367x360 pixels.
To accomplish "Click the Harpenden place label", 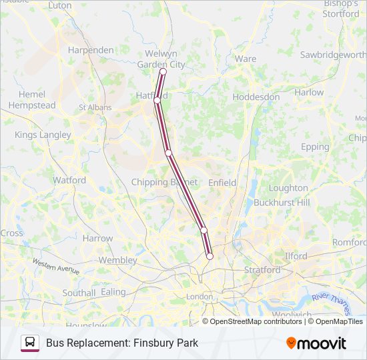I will [x=92, y=50].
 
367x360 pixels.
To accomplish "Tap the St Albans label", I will [x=95, y=107].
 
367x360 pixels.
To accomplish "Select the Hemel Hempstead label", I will [x=31, y=100].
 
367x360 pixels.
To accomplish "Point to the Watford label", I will [x=69, y=180].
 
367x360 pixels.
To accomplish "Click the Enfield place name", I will [x=222, y=182].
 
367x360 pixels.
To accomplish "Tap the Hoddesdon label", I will [x=256, y=97].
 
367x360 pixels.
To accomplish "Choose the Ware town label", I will [x=246, y=59].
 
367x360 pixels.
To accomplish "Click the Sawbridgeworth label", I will [x=332, y=54].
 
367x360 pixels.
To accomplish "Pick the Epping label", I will [x=315, y=147].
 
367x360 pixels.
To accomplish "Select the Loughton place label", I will [x=288, y=188].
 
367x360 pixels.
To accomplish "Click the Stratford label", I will [x=262, y=270].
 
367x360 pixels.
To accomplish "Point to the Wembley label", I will [x=117, y=260].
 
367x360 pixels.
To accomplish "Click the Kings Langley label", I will [x=43, y=135].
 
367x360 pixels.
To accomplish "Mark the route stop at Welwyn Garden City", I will [x=163, y=71].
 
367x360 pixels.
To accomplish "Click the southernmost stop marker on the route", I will [x=210, y=256].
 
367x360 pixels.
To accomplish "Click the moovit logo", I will [x=316, y=343].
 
